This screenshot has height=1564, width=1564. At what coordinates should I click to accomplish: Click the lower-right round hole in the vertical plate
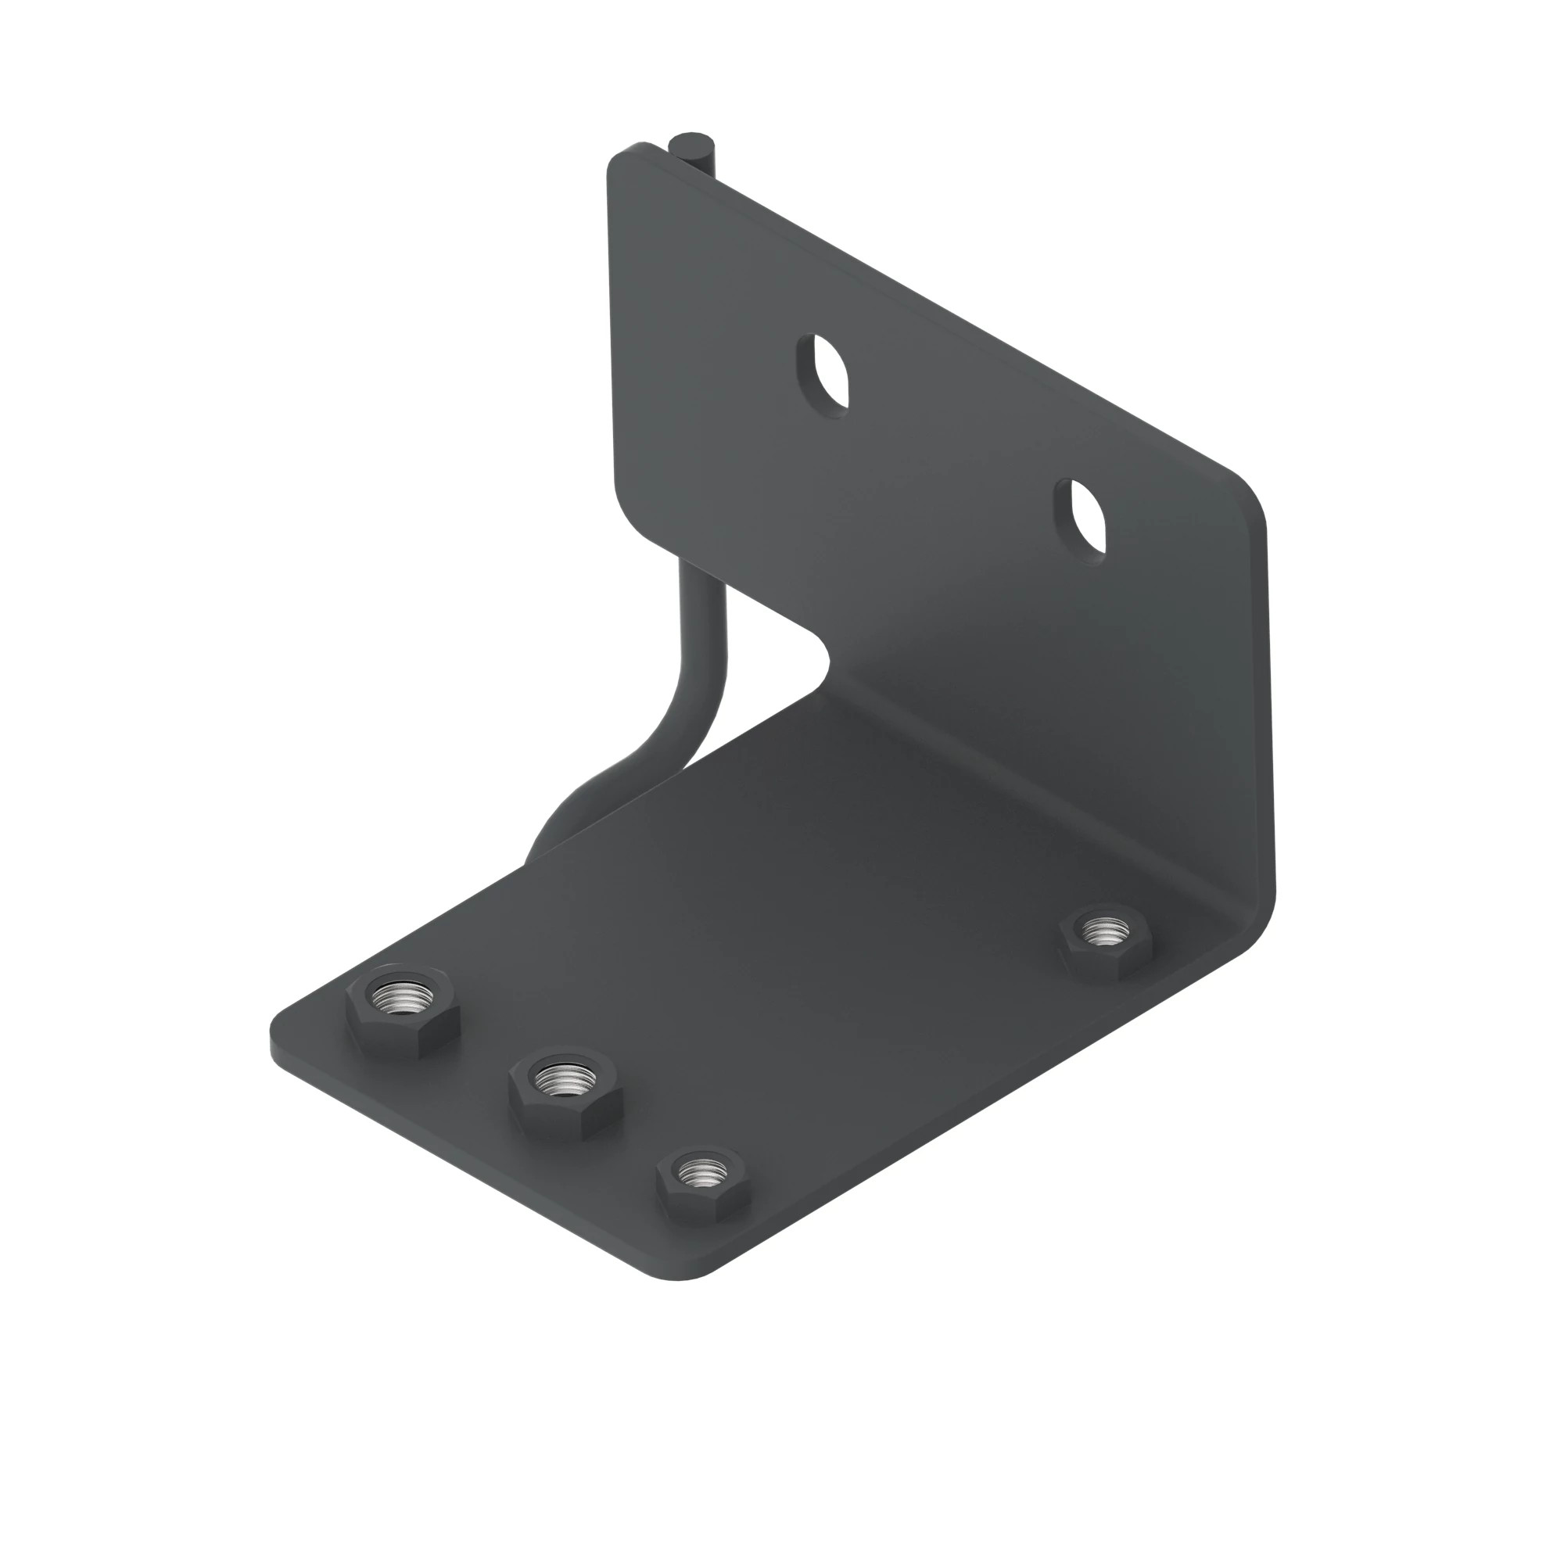tap(1082, 518)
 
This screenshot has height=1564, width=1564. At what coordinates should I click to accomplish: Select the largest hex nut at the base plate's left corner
tap(402, 1009)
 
